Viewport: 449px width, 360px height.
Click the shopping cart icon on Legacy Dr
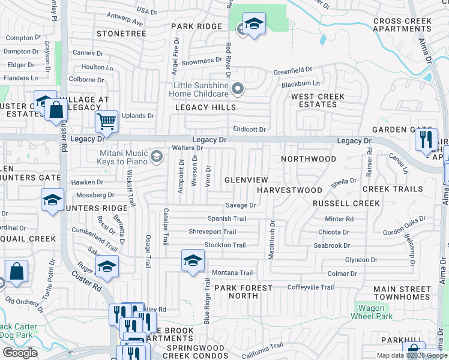pyautogui.click(x=106, y=121)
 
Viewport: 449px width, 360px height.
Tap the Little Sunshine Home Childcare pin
pyautogui.click(x=238, y=90)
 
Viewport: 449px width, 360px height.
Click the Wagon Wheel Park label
pyautogui.click(x=375, y=312)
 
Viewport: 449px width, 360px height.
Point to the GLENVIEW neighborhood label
pyautogui.click(x=246, y=180)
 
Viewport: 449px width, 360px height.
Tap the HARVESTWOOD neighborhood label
pyautogui.click(x=289, y=190)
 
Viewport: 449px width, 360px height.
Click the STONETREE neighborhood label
pyautogui.click(x=121, y=34)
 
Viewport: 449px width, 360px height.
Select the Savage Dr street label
pyautogui.click(x=241, y=205)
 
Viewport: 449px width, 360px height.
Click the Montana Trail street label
pyautogui.click(x=232, y=272)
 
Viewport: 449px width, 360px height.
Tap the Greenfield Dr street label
pyautogui.click(x=293, y=71)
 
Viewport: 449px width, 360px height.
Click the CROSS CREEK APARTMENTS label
pyautogui.click(x=402, y=25)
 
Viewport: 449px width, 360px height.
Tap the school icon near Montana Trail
pyautogui.click(x=193, y=260)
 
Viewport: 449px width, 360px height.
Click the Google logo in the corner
pyautogui.click(x=20, y=352)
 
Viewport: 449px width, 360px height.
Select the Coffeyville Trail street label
pyautogui.click(x=310, y=287)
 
